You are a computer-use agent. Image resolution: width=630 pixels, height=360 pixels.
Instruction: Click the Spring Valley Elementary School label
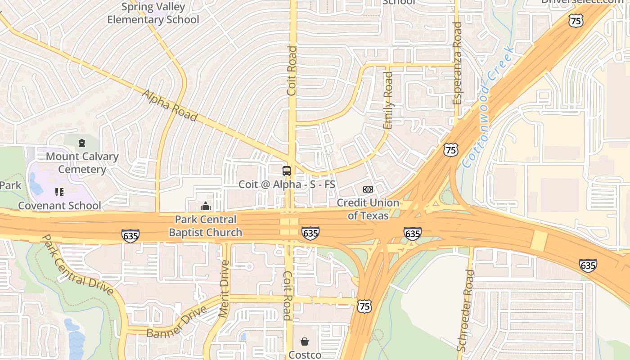(x=153, y=13)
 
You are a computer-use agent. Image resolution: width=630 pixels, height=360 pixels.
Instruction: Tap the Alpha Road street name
(x=170, y=106)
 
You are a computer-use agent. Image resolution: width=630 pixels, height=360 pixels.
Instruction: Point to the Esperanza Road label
(x=457, y=63)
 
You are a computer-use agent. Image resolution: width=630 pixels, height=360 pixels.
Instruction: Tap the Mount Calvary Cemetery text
(x=82, y=163)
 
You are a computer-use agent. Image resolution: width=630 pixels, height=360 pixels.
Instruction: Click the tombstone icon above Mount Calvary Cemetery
(x=82, y=143)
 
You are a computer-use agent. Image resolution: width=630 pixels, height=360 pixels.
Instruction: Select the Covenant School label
(x=59, y=206)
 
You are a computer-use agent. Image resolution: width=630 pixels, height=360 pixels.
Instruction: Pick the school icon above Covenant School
(x=59, y=192)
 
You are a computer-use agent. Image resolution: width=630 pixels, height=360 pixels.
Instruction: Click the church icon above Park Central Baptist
(x=206, y=207)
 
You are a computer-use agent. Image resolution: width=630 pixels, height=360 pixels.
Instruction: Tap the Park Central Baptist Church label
(x=206, y=226)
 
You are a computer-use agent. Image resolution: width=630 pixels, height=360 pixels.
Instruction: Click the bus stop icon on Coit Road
(x=287, y=171)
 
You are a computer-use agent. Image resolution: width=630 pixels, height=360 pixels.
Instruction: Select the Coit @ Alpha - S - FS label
(x=287, y=184)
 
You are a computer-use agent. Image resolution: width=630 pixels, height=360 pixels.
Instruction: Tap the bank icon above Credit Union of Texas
(x=368, y=189)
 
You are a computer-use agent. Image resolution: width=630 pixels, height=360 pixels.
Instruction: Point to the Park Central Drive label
(x=77, y=265)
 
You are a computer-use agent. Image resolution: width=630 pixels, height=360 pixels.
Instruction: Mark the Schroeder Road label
(x=466, y=310)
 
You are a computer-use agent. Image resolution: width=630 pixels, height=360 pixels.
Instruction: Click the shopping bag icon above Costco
(x=305, y=342)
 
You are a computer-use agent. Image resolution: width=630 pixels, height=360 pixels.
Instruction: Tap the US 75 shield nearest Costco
(x=364, y=306)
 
